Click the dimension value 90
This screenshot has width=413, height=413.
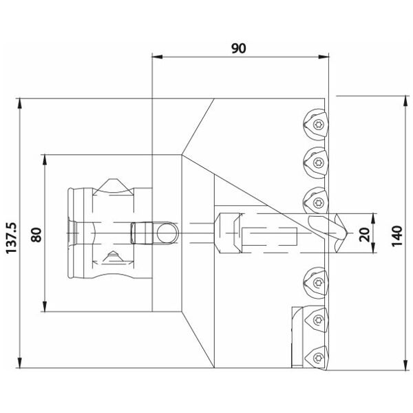pyautogui.click(x=239, y=48)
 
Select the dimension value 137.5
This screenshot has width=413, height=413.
pyautogui.click(x=12, y=238)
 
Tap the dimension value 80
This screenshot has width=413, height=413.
pyautogui.click(x=36, y=235)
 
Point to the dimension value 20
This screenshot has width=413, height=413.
pyautogui.click(x=364, y=235)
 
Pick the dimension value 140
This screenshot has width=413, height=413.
pyautogui.click(x=397, y=235)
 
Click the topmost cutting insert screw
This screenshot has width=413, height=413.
pyautogui.click(x=319, y=124)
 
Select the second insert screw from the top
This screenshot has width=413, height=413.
pyautogui.click(x=319, y=162)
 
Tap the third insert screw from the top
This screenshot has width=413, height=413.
pyautogui.click(x=318, y=202)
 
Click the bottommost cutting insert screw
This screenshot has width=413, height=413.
pyautogui.click(x=318, y=357)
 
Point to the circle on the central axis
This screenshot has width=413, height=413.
pyautogui.click(x=167, y=233)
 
